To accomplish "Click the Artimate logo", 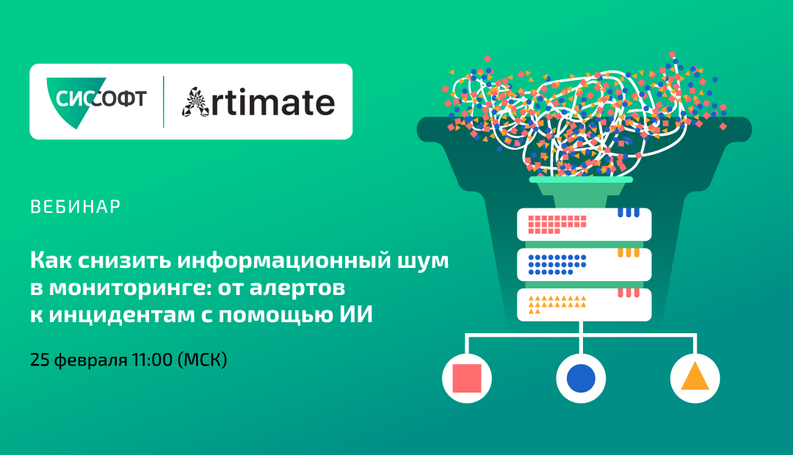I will point(258,102).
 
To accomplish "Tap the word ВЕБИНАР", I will point(76,207).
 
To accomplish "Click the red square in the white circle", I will point(466,378).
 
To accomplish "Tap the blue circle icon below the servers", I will point(581,378).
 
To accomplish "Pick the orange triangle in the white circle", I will point(695,378).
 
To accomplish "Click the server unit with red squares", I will point(584,224).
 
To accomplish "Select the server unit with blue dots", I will point(584,264).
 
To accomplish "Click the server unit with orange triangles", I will point(584,304).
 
